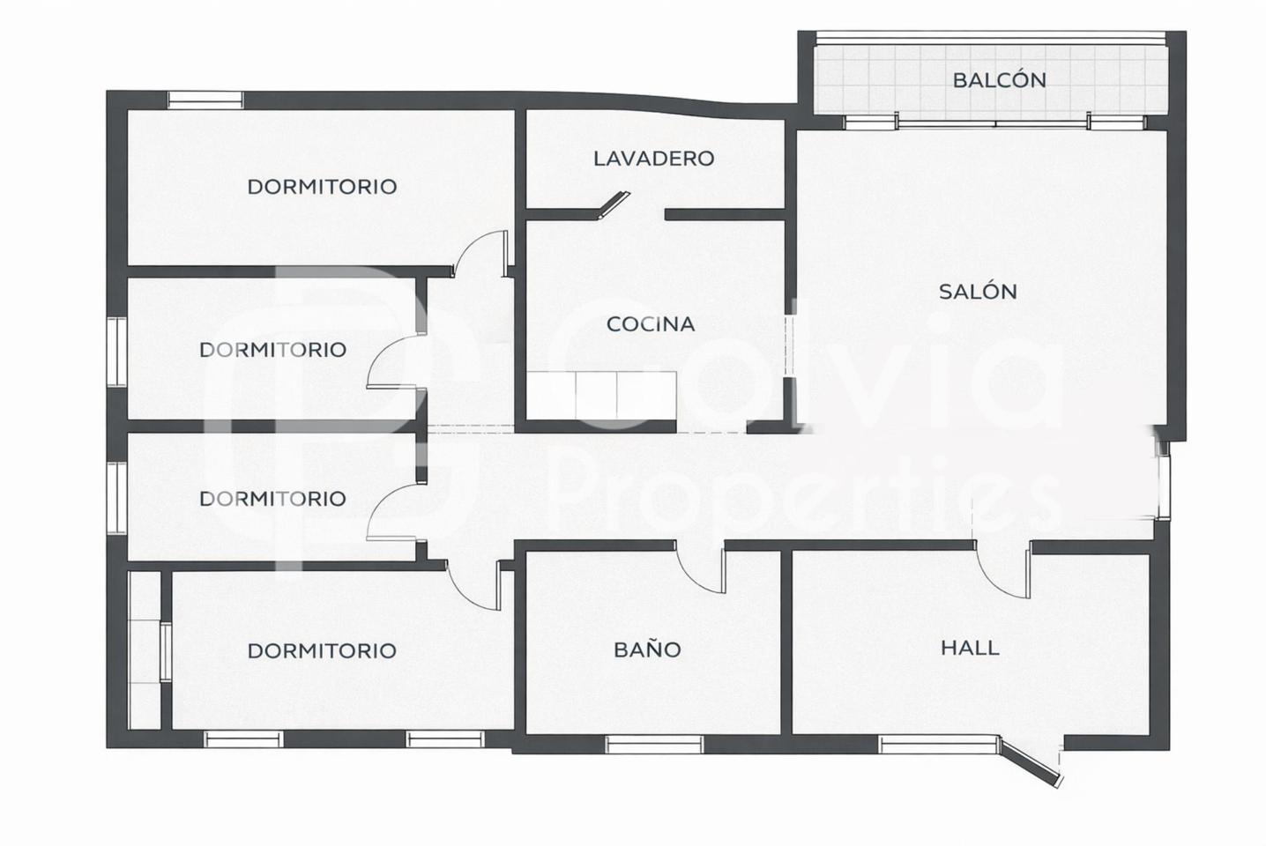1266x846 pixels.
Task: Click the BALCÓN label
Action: pyautogui.click(x=999, y=80)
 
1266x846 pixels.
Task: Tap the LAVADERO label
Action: pyautogui.click(x=654, y=159)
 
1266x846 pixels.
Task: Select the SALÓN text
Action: pyautogui.click(x=978, y=292)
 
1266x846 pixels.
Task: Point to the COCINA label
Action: pyautogui.click(x=651, y=323)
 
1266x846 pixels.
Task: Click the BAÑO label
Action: pyautogui.click(x=647, y=649)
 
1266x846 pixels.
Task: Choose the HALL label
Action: pyautogui.click(x=970, y=648)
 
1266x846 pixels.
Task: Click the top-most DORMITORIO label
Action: pyautogui.click(x=322, y=187)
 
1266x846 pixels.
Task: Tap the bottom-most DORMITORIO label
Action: pyautogui.click(x=322, y=650)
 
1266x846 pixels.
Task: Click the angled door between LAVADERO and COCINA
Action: pyautogui.click(x=614, y=204)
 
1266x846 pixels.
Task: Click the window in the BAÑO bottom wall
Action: pyautogui.click(x=654, y=745)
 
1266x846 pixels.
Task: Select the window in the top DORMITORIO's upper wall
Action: pyautogui.click(x=205, y=100)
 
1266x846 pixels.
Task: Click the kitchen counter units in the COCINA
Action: pyautogui.click(x=600, y=395)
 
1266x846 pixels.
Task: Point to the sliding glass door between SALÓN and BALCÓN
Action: pyautogui.click(x=994, y=122)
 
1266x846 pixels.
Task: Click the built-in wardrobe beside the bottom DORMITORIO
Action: pyautogui.click(x=145, y=650)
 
